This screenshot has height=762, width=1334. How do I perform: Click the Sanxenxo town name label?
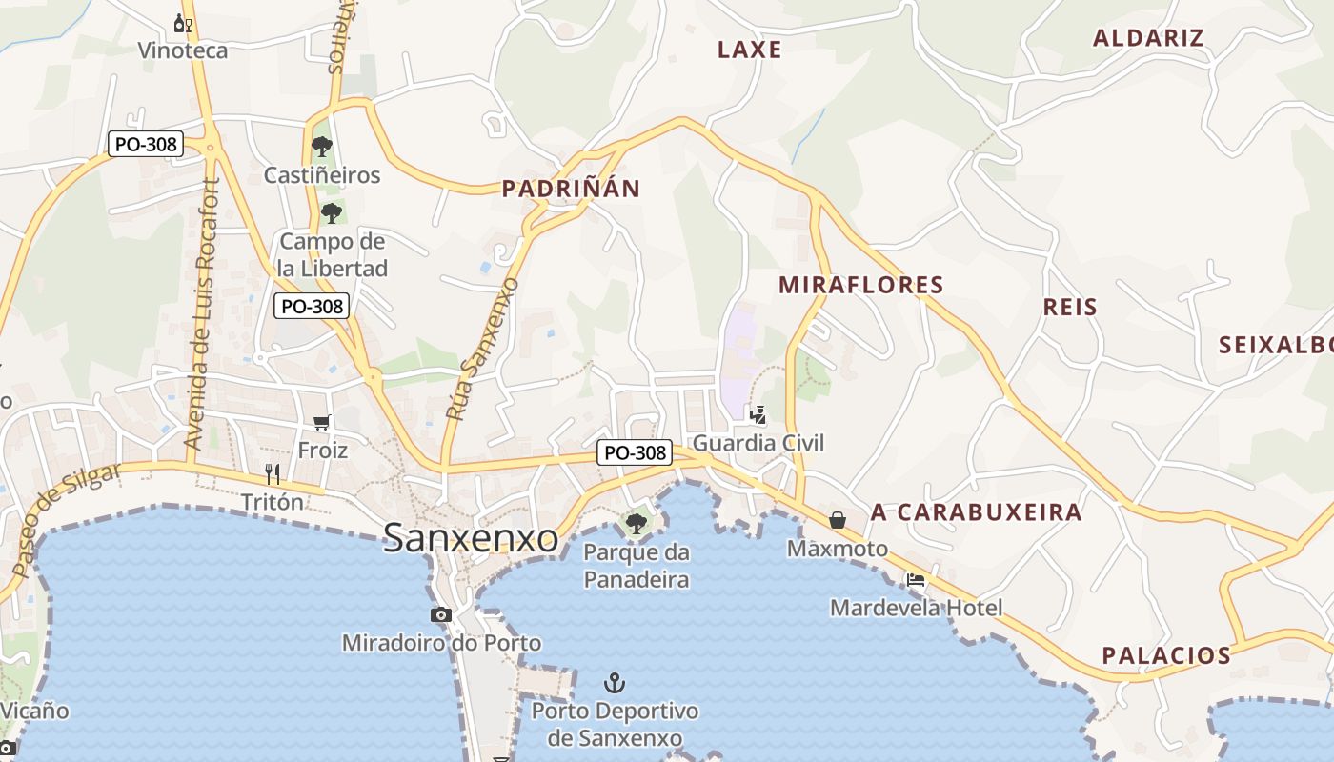click(471, 538)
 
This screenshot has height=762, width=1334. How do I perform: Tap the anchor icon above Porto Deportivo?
click(615, 682)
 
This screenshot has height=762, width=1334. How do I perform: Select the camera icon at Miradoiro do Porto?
click(440, 614)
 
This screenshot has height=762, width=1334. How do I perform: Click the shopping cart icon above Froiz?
click(322, 422)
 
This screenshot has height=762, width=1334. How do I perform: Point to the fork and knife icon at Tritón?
click(273, 473)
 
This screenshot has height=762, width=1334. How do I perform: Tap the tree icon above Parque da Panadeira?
click(636, 523)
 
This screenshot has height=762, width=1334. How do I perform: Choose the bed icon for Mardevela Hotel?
click(916, 578)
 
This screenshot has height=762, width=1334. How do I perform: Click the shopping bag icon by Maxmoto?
click(838, 519)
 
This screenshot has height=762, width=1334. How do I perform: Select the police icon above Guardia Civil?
click(758, 414)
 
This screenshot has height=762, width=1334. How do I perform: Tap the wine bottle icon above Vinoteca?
click(183, 23)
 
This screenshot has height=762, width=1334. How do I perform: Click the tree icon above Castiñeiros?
click(322, 147)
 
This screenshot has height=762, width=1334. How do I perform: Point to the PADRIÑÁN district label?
click(571, 189)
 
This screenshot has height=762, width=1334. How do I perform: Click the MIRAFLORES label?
click(860, 285)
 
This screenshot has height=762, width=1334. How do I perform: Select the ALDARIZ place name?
click(1148, 38)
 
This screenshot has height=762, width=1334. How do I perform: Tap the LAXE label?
click(749, 50)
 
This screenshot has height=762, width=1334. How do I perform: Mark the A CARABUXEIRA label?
click(976, 512)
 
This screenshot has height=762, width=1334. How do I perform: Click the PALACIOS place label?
click(1166, 655)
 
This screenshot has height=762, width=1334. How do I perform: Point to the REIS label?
click(1070, 307)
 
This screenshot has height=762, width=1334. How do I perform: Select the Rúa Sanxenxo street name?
click(482, 349)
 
